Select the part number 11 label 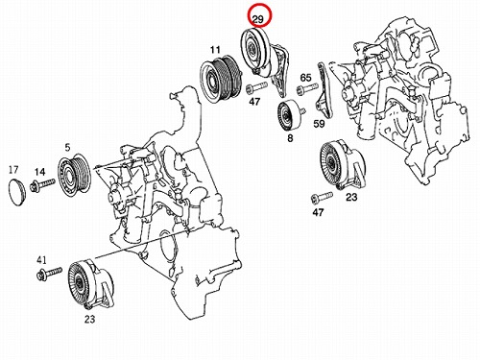point(215,50)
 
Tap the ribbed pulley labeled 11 point(221,80)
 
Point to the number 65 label point(305,78)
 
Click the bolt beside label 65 point(307,88)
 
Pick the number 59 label point(319,123)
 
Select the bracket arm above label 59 point(323,90)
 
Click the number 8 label point(290,138)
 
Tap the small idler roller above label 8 point(289,115)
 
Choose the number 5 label point(67,148)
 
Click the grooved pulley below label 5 point(74,176)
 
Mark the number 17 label point(13,170)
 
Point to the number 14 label point(40,172)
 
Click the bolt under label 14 point(42,185)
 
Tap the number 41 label point(41,260)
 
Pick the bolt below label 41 point(49,274)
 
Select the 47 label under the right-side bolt point(318,212)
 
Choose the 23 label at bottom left point(89,319)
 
